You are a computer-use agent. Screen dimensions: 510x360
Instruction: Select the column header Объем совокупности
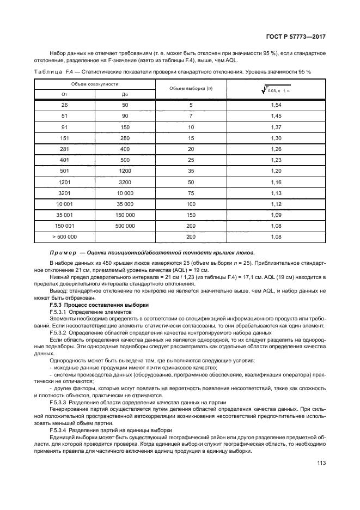pos(94,84)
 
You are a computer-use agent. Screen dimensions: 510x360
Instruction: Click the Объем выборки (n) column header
pos(191,88)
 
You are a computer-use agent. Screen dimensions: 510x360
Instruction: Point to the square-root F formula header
pos(276,88)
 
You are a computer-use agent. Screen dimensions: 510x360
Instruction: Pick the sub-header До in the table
pos(125,94)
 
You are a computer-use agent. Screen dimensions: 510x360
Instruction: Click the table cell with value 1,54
pos(276,105)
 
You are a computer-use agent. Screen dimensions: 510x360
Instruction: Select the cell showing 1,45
pos(276,116)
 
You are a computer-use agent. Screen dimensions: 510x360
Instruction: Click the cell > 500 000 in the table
pos(64,237)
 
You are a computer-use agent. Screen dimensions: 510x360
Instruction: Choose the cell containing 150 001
pos(64,226)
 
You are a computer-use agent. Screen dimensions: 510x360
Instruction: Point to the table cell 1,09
pos(276,215)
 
